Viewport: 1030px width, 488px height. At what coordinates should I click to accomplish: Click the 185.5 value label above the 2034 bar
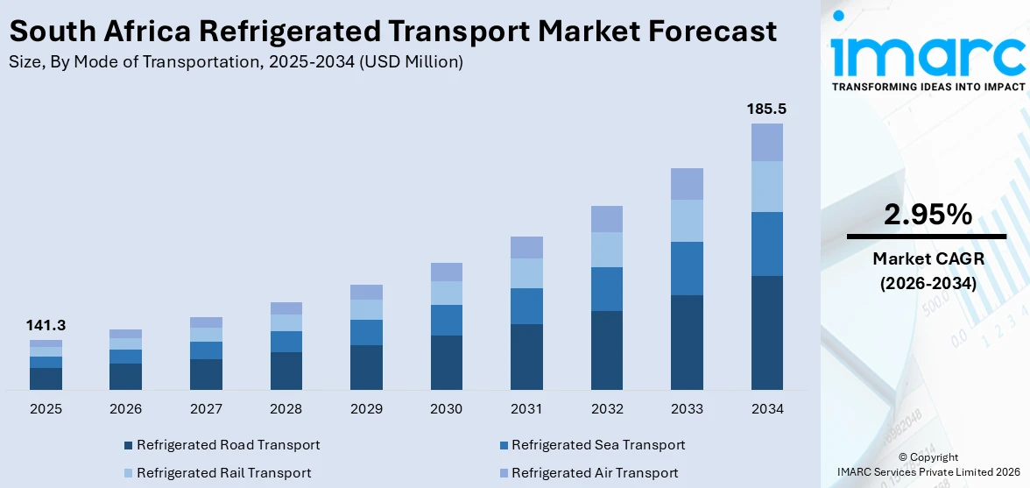[766, 110]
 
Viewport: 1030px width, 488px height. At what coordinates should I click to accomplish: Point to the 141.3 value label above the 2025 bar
[46, 325]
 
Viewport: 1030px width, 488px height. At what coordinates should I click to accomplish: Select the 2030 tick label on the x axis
[447, 409]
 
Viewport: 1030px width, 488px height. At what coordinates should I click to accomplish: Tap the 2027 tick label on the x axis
[206, 409]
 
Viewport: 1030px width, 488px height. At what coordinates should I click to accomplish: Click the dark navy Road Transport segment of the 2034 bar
[766, 333]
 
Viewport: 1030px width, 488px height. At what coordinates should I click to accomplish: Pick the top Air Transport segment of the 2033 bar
[687, 184]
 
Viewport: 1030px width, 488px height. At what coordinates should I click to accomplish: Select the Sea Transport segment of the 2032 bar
[607, 289]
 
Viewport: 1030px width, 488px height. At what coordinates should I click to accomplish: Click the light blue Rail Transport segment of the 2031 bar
[526, 273]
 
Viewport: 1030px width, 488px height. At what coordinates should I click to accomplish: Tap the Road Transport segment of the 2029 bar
[366, 367]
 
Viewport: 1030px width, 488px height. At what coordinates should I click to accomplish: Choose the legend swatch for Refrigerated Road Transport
[129, 445]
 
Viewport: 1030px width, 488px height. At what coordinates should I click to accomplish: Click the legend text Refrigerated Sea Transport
[598, 445]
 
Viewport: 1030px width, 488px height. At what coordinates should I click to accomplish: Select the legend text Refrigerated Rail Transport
[223, 473]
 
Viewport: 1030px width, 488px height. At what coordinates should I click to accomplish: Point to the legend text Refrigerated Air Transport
[595, 473]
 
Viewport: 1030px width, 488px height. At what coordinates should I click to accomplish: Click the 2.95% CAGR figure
[927, 215]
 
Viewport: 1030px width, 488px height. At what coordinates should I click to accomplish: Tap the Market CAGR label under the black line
[927, 259]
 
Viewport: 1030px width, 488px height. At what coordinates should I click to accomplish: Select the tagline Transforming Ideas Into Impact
[927, 87]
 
